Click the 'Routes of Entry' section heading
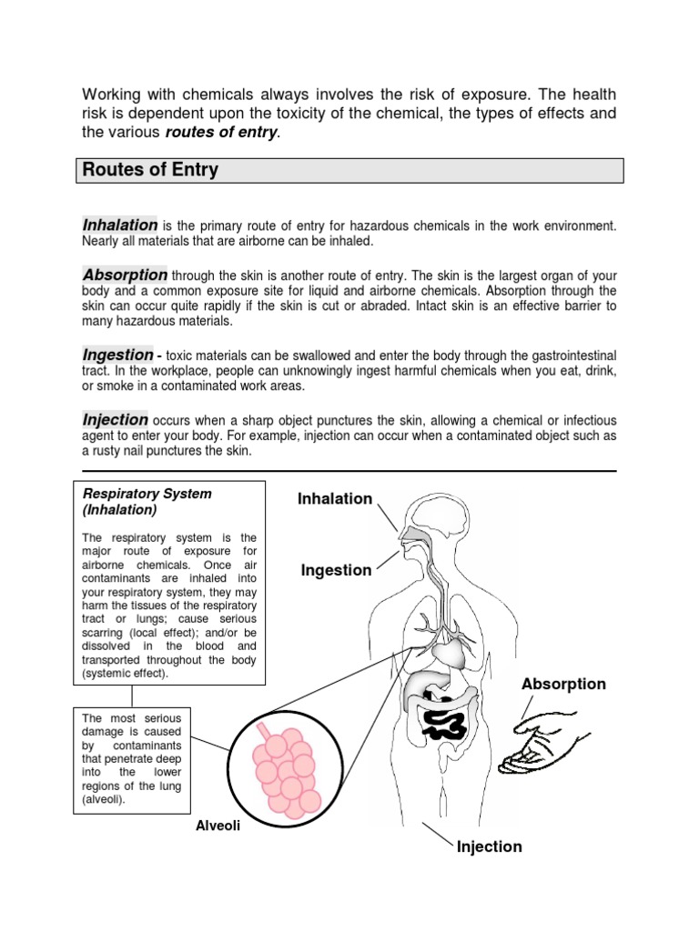pos(150,170)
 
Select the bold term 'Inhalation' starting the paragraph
pos(120,225)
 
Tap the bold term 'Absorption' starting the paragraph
pos(125,275)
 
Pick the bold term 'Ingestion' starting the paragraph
pos(117,355)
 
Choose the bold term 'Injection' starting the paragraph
pos(116,419)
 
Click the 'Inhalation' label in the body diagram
pos(334,498)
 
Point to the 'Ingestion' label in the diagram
pos(336,570)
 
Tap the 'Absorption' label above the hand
pos(563,684)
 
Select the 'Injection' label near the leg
pos(490,846)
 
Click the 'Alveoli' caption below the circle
pos(218,826)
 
